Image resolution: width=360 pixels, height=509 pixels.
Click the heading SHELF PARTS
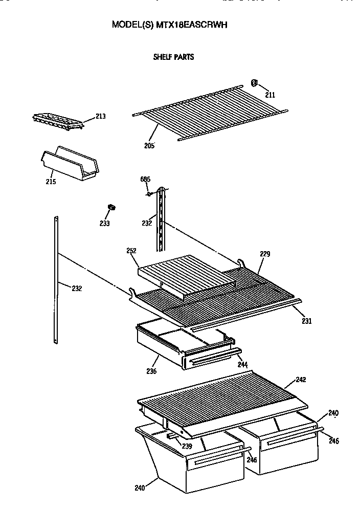(x=173, y=57)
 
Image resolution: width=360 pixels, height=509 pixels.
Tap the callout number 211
(x=269, y=95)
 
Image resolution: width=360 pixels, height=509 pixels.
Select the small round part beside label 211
(x=255, y=84)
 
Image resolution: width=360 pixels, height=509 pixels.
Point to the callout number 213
(x=100, y=117)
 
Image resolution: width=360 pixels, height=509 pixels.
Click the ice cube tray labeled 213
(x=57, y=122)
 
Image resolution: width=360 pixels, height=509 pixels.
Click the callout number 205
(x=149, y=145)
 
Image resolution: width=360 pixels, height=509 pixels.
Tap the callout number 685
(x=146, y=179)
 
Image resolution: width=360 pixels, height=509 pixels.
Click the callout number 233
(x=105, y=223)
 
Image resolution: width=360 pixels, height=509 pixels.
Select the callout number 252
(x=131, y=250)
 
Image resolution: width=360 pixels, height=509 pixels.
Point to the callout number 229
(x=265, y=254)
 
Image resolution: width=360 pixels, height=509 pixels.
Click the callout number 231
(x=306, y=321)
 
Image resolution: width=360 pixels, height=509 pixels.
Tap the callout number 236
(x=151, y=371)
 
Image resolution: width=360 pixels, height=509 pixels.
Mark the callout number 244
(x=242, y=364)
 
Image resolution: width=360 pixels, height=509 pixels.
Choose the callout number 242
(x=302, y=380)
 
